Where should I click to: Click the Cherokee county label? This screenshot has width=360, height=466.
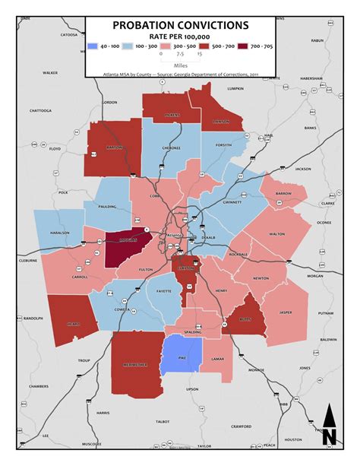pyautogui.click(x=169, y=148)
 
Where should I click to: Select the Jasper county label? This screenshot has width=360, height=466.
pyautogui.click(x=285, y=312)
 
